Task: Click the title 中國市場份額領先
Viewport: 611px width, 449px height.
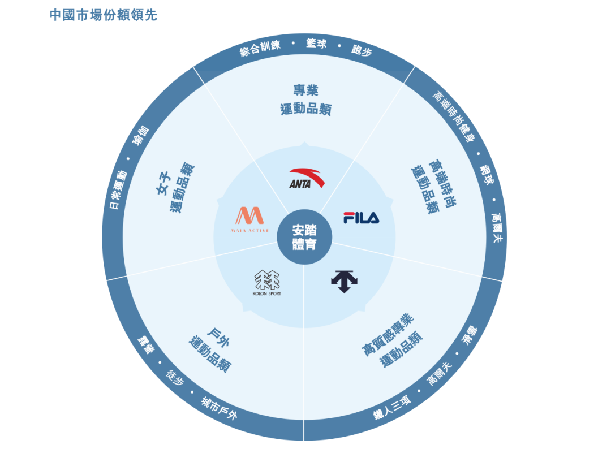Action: tap(104, 15)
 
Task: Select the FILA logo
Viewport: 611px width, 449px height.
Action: tap(361, 218)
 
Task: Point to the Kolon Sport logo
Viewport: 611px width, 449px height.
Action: tap(267, 283)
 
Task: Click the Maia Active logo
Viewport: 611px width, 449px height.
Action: tap(249, 219)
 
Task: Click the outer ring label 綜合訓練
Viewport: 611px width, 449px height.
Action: tap(260, 49)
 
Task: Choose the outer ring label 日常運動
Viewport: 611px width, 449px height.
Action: tap(118, 190)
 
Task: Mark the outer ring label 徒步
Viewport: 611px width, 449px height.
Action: tap(175, 379)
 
